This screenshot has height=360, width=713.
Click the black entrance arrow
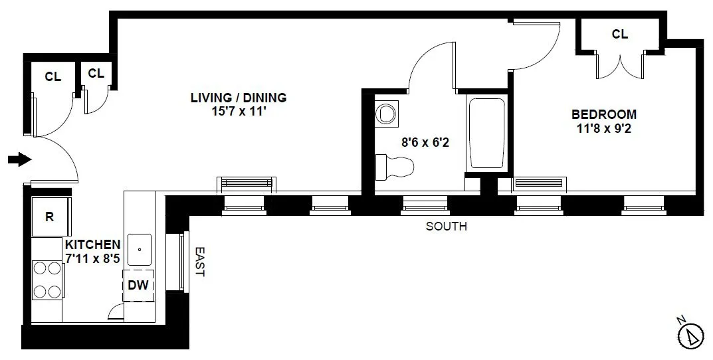(19, 159)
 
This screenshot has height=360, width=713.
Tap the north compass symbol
(692, 335)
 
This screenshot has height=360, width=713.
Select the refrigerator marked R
(49, 217)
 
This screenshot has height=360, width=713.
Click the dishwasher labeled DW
(139, 286)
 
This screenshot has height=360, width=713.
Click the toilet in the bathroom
(394, 166)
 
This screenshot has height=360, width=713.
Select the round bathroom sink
(385, 114)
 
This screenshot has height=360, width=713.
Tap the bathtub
(486, 133)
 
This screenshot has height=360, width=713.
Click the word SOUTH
(446, 226)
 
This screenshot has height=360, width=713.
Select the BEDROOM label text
(604, 114)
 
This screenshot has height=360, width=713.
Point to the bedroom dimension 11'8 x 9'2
(604, 128)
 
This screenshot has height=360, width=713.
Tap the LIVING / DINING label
(239, 98)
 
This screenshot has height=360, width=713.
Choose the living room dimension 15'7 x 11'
(239, 112)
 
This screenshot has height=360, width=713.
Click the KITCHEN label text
(93, 244)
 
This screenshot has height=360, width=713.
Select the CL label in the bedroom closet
(619, 35)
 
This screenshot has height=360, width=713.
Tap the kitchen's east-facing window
(182, 262)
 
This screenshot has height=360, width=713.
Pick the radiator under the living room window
(245, 185)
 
